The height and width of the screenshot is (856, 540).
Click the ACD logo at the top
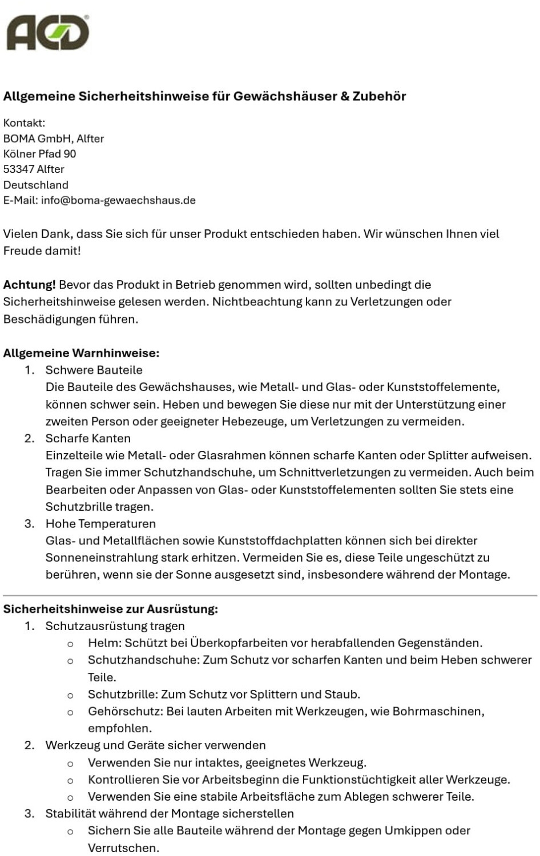(x=48, y=33)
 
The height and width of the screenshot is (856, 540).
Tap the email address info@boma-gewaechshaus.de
(x=118, y=200)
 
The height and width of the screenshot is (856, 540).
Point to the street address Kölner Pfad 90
(x=39, y=154)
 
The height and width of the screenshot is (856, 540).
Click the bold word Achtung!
(x=30, y=285)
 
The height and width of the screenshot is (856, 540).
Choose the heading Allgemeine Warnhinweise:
(x=81, y=353)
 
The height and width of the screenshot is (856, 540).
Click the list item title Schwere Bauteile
(x=94, y=370)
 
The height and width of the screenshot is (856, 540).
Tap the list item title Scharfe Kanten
(x=88, y=439)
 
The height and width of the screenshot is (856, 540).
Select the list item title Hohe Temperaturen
(x=100, y=524)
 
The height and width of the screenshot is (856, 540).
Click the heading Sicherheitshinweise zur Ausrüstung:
(x=110, y=609)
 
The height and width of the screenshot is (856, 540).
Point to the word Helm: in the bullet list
(x=104, y=643)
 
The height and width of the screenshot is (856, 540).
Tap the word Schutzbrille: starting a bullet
(x=123, y=695)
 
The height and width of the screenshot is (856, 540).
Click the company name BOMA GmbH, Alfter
(x=54, y=139)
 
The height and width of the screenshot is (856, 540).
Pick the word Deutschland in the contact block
(x=35, y=185)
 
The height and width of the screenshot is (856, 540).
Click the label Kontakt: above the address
(x=24, y=123)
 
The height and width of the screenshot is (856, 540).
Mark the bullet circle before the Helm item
(x=70, y=644)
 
